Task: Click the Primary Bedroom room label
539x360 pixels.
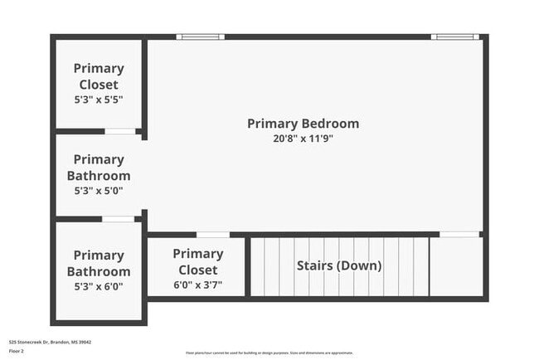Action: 303,124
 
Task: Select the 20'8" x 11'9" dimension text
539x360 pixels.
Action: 303,139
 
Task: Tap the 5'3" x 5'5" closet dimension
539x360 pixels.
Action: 98,100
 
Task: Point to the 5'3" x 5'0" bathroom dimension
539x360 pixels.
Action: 98,191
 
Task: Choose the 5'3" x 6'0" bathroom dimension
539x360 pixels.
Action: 98,287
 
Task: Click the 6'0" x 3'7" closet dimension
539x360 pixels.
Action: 197,285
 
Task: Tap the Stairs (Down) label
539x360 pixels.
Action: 339,266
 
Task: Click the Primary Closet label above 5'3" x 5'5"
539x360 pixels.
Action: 98,76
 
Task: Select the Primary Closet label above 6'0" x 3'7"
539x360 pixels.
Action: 197,261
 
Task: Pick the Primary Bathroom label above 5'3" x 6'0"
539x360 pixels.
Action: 98,263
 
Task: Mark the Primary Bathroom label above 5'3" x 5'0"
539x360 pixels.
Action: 98,168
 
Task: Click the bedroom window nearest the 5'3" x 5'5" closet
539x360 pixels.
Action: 200,36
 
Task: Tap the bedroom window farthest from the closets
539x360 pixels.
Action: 454,36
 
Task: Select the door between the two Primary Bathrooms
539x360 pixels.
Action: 118,219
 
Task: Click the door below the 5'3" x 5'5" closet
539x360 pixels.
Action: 120,131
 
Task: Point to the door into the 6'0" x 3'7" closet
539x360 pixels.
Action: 213,235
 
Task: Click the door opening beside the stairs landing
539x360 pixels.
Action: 459,235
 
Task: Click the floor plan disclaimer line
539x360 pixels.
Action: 269,353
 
